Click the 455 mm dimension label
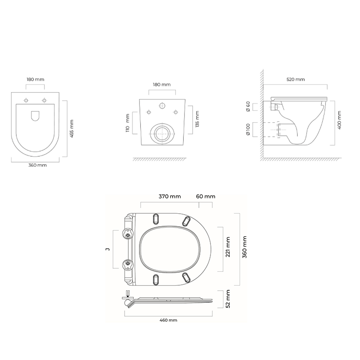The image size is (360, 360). coord(72,129)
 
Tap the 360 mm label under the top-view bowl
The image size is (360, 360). coord(37,165)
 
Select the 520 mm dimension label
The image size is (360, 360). coord(296,79)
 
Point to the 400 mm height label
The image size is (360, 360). coord(340,120)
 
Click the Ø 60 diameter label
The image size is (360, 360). coord(248,107)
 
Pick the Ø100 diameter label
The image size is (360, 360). coord(248,130)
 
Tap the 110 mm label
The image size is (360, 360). coord(128,123)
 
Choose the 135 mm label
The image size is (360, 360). coord(197,119)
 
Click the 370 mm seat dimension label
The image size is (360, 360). coord(170,197)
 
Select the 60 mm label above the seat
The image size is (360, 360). coord(206,197)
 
